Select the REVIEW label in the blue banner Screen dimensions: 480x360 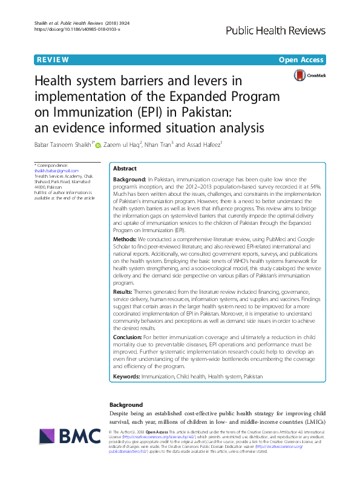[x=52, y=60]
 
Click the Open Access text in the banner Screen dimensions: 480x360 [x=301, y=60]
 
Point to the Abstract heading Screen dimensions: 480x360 [x=125, y=169]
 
